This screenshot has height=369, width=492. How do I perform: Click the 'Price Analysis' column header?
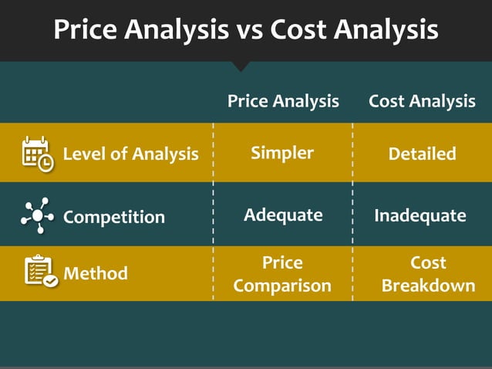pyautogui.click(x=283, y=101)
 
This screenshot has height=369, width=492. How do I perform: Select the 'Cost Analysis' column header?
pyautogui.click(x=422, y=101)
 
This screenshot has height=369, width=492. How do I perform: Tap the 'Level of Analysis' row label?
pyautogui.click(x=130, y=154)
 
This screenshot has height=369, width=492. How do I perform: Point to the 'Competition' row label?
pyautogui.click(x=113, y=217)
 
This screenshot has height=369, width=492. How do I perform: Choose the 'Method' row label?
pyautogui.click(x=96, y=273)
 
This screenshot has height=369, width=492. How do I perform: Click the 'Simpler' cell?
pyautogui.click(x=282, y=153)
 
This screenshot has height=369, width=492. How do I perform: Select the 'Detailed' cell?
pyautogui.click(x=422, y=154)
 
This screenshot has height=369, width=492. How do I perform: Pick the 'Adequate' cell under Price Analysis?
pyautogui.click(x=283, y=215)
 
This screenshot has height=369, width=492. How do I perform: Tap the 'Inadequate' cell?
pyautogui.click(x=420, y=215)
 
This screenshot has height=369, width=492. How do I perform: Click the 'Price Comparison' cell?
pyautogui.click(x=282, y=274)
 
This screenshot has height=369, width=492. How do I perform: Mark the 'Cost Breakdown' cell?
pyautogui.click(x=428, y=274)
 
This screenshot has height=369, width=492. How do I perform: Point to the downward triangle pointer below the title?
pyautogui.click(x=241, y=66)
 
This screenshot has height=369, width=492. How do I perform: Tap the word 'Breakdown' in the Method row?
pyautogui.click(x=428, y=286)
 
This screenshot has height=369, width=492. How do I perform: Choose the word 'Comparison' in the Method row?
pyautogui.click(x=282, y=286)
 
